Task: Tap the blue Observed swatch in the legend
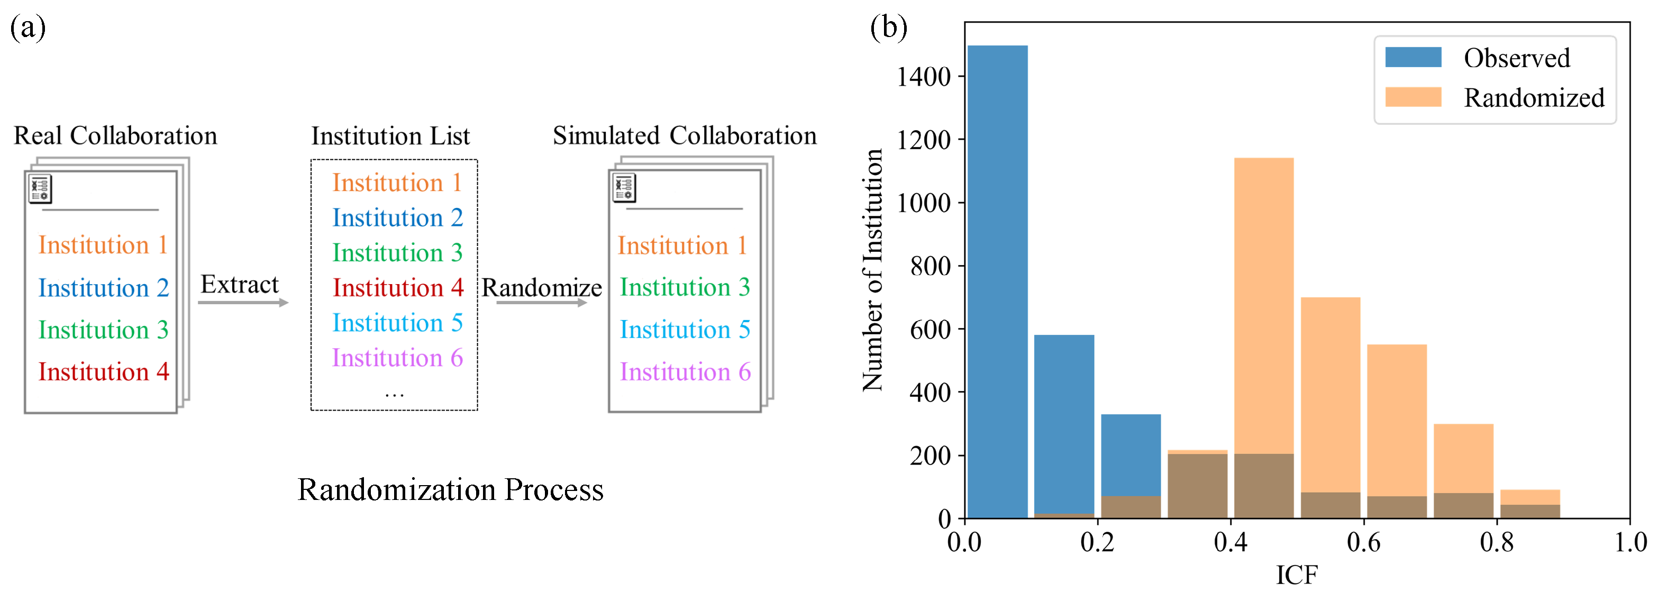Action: pyautogui.click(x=1413, y=57)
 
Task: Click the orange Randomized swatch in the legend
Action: pyautogui.click(x=1413, y=97)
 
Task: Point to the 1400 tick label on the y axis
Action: pyautogui.click(x=924, y=77)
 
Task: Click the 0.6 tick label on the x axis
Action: pyautogui.click(x=1363, y=542)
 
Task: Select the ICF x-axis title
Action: pyautogui.click(x=1297, y=575)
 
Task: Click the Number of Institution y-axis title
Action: pyautogui.click(x=873, y=270)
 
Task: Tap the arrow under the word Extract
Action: pyautogui.click(x=243, y=302)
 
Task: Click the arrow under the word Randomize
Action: pyautogui.click(x=541, y=302)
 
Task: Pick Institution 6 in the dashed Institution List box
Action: pyautogui.click(x=397, y=358)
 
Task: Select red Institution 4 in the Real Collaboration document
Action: pyautogui.click(x=103, y=372)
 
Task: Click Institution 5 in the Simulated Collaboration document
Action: pyautogui.click(x=685, y=329)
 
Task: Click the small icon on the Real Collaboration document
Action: pyautogui.click(x=40, y=189)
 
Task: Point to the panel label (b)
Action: pyautogui.click(x=888, y=27)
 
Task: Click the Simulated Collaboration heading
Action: pyautogui.click(x=684, y=136)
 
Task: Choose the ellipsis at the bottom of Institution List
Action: pyautogui.click(x=394, y=393)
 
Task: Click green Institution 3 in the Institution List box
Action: pyautogui.click(x=397, y=252)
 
